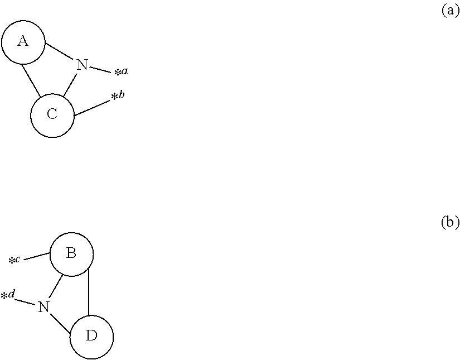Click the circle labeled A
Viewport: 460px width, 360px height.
[x=23, y=41]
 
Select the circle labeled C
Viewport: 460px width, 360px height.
[x=52, y=115]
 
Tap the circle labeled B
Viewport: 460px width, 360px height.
[x=71, y=254]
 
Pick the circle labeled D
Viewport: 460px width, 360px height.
[x=92, y=336]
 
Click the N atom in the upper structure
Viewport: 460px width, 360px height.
[x=82, y=65]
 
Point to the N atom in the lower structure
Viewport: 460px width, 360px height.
[x=43, y=306]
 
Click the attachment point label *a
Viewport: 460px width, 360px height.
[x=122, y=71]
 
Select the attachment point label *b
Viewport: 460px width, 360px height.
[x=118, y=96]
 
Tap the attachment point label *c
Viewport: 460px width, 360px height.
[x=14, y=260]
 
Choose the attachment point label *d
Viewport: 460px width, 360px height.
[x=8, y=295]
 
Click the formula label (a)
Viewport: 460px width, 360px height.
[x=450, y=10]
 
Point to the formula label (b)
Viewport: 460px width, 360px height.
[x=450, y=222]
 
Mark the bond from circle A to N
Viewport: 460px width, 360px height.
[x=60, y=51]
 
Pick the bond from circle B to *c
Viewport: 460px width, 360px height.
[x=37, y=256]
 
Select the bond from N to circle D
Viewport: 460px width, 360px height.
[x=61, y=323]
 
